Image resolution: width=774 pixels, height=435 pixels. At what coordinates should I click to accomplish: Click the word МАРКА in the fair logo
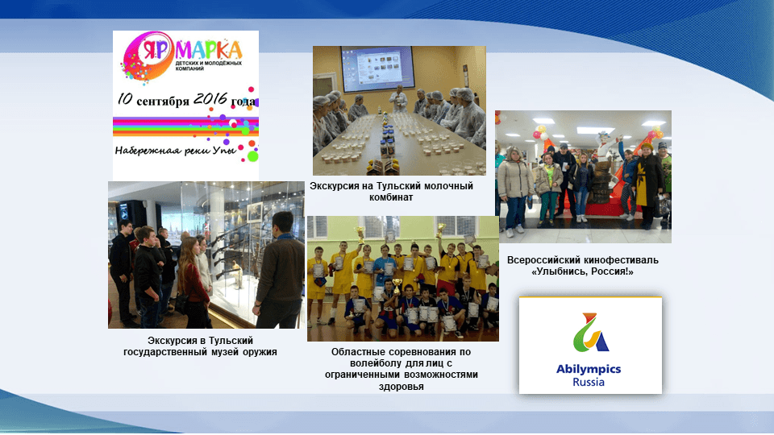(x=208, y=50)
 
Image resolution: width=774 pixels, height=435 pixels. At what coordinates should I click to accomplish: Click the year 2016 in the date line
(x=210, y=99)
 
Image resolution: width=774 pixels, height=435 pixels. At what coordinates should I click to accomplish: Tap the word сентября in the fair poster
(x=162, y=101)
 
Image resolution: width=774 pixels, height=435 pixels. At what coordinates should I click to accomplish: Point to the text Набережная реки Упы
(x=176, y=150)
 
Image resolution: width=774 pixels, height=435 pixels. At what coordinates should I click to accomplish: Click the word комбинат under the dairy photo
(x=391, y=197)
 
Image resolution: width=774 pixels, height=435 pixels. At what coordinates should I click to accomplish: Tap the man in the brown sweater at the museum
(x=280, y=271)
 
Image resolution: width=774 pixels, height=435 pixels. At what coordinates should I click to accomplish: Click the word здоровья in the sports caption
(x=402, y=387)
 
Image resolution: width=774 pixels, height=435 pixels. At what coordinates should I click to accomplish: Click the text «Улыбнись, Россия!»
(x=582, y=271)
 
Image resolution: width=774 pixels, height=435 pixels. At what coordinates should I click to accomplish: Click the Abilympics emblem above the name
(x=590, y=333)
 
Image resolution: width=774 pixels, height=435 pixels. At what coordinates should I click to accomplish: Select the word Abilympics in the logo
(x=589, y=369)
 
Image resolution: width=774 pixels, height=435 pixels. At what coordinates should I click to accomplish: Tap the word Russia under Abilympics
(x=589, y=382)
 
